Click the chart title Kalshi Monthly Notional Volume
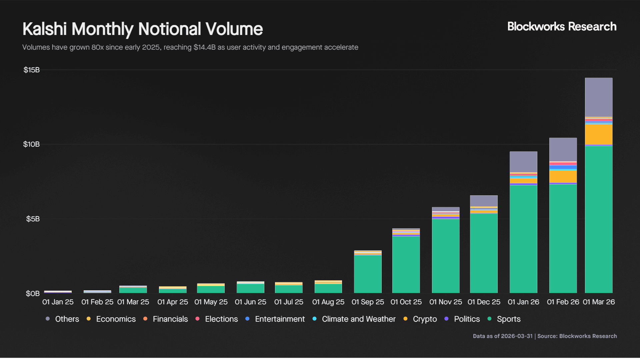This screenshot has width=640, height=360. [143, 29]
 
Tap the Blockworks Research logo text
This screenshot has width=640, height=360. [562, 27]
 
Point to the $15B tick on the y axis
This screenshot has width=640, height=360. [31, 70]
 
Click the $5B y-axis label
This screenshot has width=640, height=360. [33, 219]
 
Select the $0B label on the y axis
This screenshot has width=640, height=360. [33, 293]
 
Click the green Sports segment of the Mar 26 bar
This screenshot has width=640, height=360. [599, 220]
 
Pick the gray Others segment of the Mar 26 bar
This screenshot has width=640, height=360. [599, 97]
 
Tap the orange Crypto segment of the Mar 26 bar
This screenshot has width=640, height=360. [599, 134]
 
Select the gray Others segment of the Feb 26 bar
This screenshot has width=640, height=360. [563, 149]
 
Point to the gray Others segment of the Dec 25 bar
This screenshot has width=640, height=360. [484, 201]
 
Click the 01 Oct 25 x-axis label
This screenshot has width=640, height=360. [406, 302]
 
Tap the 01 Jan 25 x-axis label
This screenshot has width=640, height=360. [58, 302]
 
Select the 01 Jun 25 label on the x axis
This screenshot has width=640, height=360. [250, 302]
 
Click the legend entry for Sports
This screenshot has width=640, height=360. [508, 319]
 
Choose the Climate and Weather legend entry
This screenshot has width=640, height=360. [358, 319]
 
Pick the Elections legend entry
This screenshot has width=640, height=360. [221, 319]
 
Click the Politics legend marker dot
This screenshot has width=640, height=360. [446, 319]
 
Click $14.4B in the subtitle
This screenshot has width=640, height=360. [204, 47]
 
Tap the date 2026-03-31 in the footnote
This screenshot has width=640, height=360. [517, 336]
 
